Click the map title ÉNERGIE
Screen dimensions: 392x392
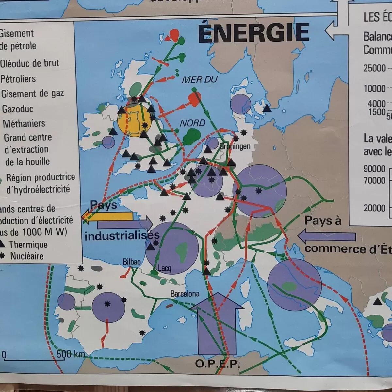coord(253,33)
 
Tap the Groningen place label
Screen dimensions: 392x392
coord(235,146)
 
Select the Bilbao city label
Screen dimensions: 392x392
coord(132,262)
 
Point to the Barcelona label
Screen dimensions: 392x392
coord(185,294)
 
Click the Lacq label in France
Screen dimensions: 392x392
coord(164,269)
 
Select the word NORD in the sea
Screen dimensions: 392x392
coord(193,123)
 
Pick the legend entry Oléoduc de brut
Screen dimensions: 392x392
coord(30,63)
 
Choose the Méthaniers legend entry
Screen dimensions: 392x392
coord(24,123)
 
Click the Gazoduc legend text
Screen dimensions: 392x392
coord(18,109)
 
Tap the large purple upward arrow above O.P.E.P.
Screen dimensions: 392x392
coord(216,324)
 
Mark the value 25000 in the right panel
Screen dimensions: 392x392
coord(375,68)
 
